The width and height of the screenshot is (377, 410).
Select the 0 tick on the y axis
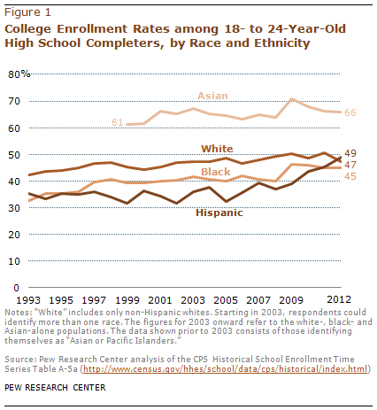15,288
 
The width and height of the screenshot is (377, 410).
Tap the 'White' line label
217,148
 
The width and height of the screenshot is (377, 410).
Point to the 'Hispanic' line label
219,214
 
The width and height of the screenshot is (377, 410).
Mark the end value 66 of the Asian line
350,112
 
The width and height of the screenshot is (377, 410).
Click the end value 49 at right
350,153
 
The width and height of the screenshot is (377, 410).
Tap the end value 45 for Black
350,176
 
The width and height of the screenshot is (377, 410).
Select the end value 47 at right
350,165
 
